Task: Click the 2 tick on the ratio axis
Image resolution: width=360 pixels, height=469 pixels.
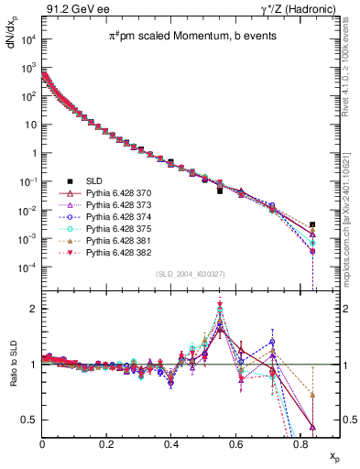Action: [35, 309]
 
